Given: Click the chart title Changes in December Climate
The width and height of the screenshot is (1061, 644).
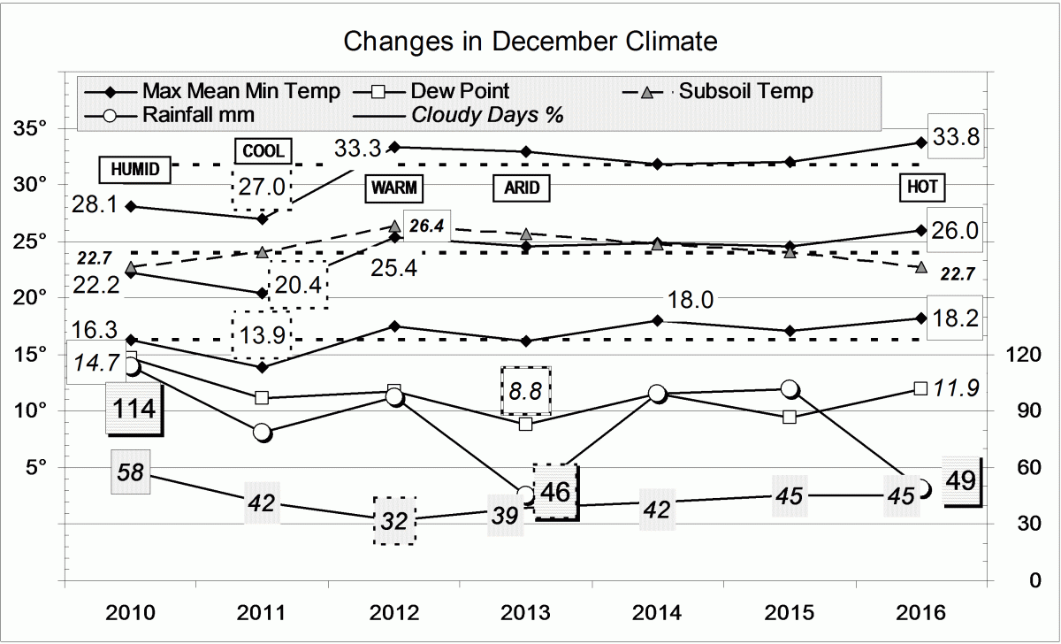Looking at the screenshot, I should click(x=530, y=41).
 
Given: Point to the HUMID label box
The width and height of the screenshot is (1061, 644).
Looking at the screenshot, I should click(x=134, y=170).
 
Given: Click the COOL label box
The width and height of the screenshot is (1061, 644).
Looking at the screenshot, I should click(x=263, y=151).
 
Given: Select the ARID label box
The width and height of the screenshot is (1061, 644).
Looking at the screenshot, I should click(x=522, y=188).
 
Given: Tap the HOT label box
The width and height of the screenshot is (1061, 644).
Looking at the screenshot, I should click(x=923, y=188).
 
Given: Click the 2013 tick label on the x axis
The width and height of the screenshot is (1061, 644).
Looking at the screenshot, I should click(x=526, y=612).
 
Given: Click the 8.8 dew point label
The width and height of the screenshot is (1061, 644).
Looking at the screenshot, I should click(x=526, y=390).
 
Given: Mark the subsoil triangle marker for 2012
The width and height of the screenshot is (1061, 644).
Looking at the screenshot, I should click(x=394, y=227).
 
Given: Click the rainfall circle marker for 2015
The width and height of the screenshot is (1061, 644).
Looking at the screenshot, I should click(x=790, y=388).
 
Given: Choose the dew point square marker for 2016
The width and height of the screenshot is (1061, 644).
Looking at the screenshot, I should click(x=920, y=388).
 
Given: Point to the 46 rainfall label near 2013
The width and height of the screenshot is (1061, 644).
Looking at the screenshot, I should click(x=555, y=490).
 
